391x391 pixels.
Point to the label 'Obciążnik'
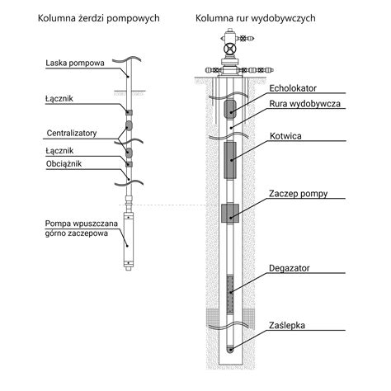[64, 164]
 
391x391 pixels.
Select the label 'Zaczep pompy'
[298, 194]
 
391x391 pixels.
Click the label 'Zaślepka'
[287, 325]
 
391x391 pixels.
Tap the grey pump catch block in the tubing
[230, 212]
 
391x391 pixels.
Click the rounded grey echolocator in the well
[230, 107]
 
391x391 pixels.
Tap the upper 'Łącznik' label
[59, 97]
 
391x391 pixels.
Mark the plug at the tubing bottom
[230, 347]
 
